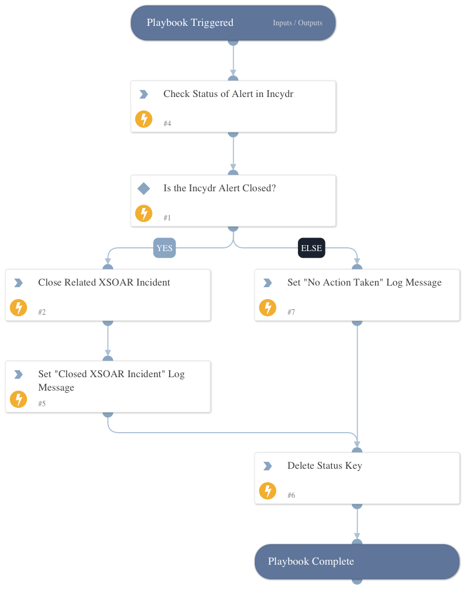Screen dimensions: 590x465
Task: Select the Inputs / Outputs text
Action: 297,23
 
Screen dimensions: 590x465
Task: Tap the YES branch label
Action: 164,248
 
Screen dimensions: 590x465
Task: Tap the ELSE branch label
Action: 311,248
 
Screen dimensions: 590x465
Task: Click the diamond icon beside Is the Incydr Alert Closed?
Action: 143,189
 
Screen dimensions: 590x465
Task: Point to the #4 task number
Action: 167,124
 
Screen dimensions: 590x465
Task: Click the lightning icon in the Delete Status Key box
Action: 267,491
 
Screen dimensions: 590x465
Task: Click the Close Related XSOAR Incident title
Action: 104,282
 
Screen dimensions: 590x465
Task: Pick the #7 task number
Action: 291,313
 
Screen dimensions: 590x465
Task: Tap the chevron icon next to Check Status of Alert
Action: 143,94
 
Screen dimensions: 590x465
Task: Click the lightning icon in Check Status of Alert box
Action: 143,119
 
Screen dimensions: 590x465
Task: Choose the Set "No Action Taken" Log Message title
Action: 364,282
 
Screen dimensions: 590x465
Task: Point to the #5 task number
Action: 42,404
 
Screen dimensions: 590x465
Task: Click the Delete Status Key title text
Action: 324,466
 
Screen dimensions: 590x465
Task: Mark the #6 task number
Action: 291,496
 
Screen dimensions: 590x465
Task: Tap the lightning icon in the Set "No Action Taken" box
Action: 267,308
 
